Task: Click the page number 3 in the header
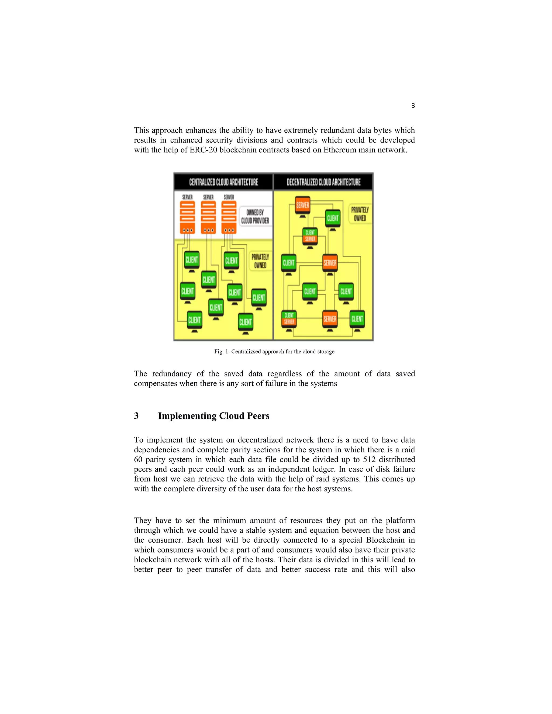tap(413, 106)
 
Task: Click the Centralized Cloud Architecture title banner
tap(223, 182)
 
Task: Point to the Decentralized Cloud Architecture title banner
tap(323, 182)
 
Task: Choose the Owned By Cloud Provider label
tap(255, 216)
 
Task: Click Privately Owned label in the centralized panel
tap(260, 261)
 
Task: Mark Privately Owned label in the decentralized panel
tap(360, 214)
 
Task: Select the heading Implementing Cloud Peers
tap(213, 416)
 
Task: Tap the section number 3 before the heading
tap(136, 416)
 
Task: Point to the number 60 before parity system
tap(138, 460)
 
